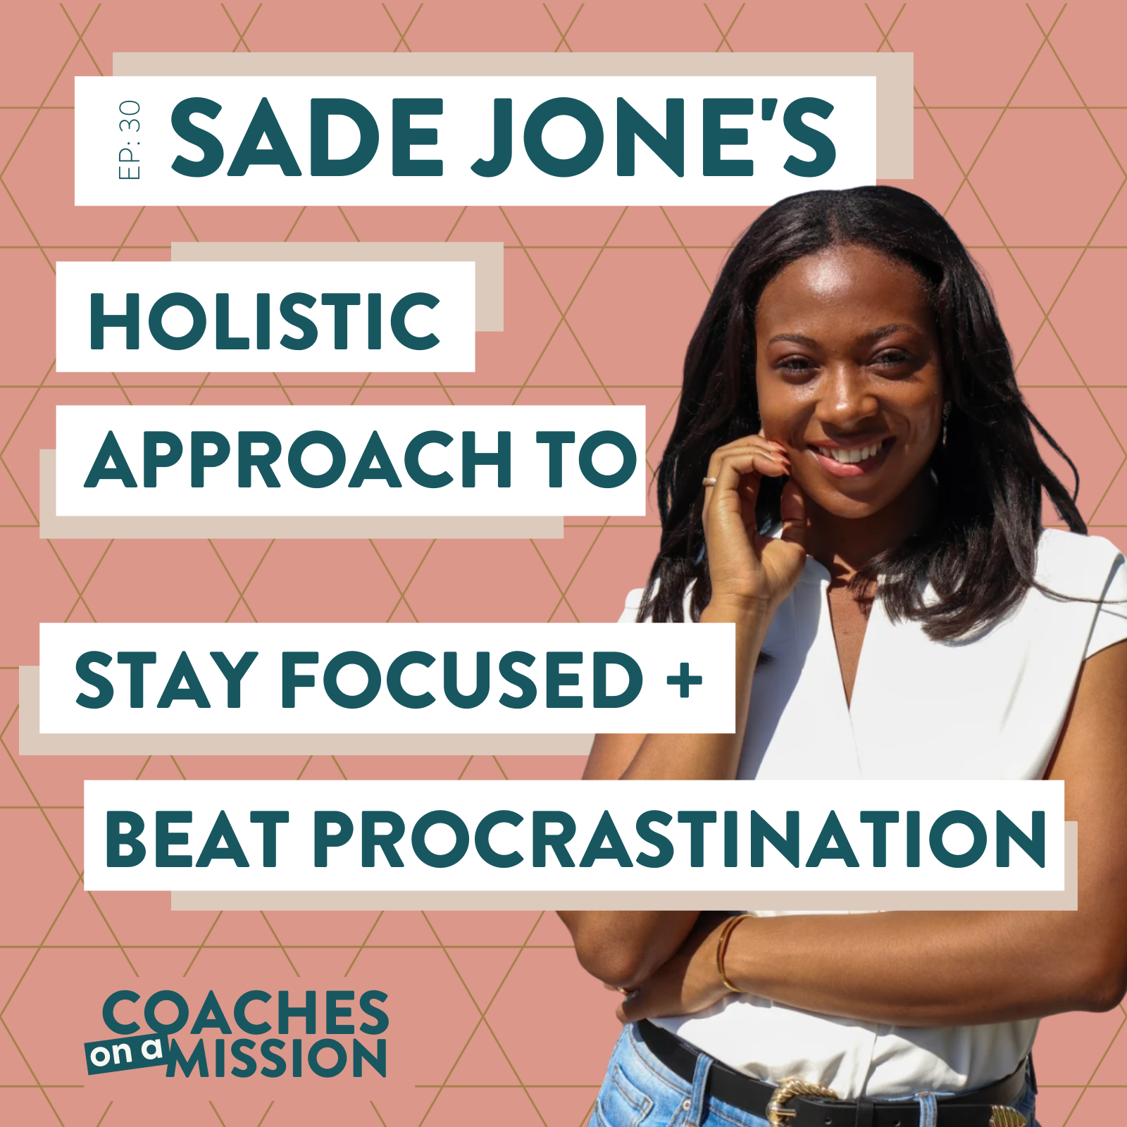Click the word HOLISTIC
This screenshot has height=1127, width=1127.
point(265,320)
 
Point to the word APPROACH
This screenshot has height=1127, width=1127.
point(298,459)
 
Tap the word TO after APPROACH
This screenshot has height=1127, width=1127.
point(587,459)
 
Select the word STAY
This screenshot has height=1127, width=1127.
point(166,679)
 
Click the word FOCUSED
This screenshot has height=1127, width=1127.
point(462,679)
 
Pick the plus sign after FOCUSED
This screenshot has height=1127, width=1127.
point(684,680)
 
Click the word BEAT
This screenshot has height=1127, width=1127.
point(197,838)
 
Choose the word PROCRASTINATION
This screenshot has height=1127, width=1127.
point(679,838)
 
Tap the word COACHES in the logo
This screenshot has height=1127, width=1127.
point(246,1012)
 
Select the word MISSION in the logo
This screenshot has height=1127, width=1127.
point(277,1057)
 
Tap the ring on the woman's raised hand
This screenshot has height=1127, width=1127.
point(711,482)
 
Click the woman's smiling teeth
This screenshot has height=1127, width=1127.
point(852,452)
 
